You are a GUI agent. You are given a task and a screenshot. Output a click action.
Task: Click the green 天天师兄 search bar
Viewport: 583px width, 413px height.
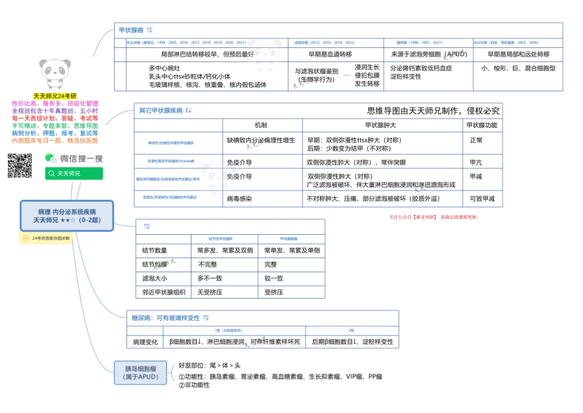click(74, 174)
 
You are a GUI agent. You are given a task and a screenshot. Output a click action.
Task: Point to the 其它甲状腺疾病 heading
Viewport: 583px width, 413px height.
click(161, 111)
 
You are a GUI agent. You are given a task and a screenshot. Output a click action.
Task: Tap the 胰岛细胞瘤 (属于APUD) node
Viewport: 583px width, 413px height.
click(140, 372)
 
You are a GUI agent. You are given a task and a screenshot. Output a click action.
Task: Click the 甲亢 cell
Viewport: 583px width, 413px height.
click(476, 163)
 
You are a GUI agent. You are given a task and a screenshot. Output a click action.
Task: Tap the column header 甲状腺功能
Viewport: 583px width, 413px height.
click(482, 125)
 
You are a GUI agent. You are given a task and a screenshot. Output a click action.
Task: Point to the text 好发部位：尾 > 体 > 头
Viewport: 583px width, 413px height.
click(210, 365)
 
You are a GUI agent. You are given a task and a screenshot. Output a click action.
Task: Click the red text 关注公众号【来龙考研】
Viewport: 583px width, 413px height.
click(412, 217)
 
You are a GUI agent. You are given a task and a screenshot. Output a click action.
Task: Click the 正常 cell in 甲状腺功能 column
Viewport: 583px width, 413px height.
click(476, 141)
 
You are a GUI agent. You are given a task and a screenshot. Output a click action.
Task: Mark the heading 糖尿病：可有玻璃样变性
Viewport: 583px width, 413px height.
click(166, 318)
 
